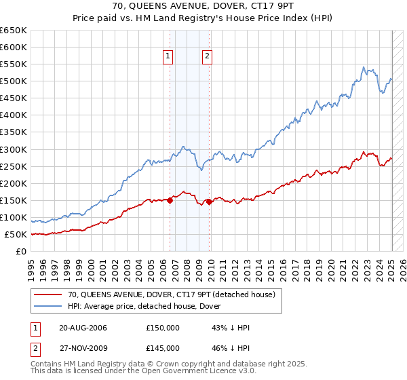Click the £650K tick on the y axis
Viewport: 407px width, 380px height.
click(x=14, y=31)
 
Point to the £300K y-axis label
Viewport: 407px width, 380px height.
click(x=14, y=149)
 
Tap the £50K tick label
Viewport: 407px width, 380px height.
click(x=16, y=234)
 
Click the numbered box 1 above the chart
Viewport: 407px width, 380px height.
click(x=168, y=57)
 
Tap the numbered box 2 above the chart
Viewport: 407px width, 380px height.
click(x=207, y=57)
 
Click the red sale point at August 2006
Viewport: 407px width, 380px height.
click(x=170, y=199)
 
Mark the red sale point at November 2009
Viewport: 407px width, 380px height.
click(x=210, y=202)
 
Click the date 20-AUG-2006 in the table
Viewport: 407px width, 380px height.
click(x=83, y=328)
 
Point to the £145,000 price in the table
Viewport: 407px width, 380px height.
click(x=162, y=347)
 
